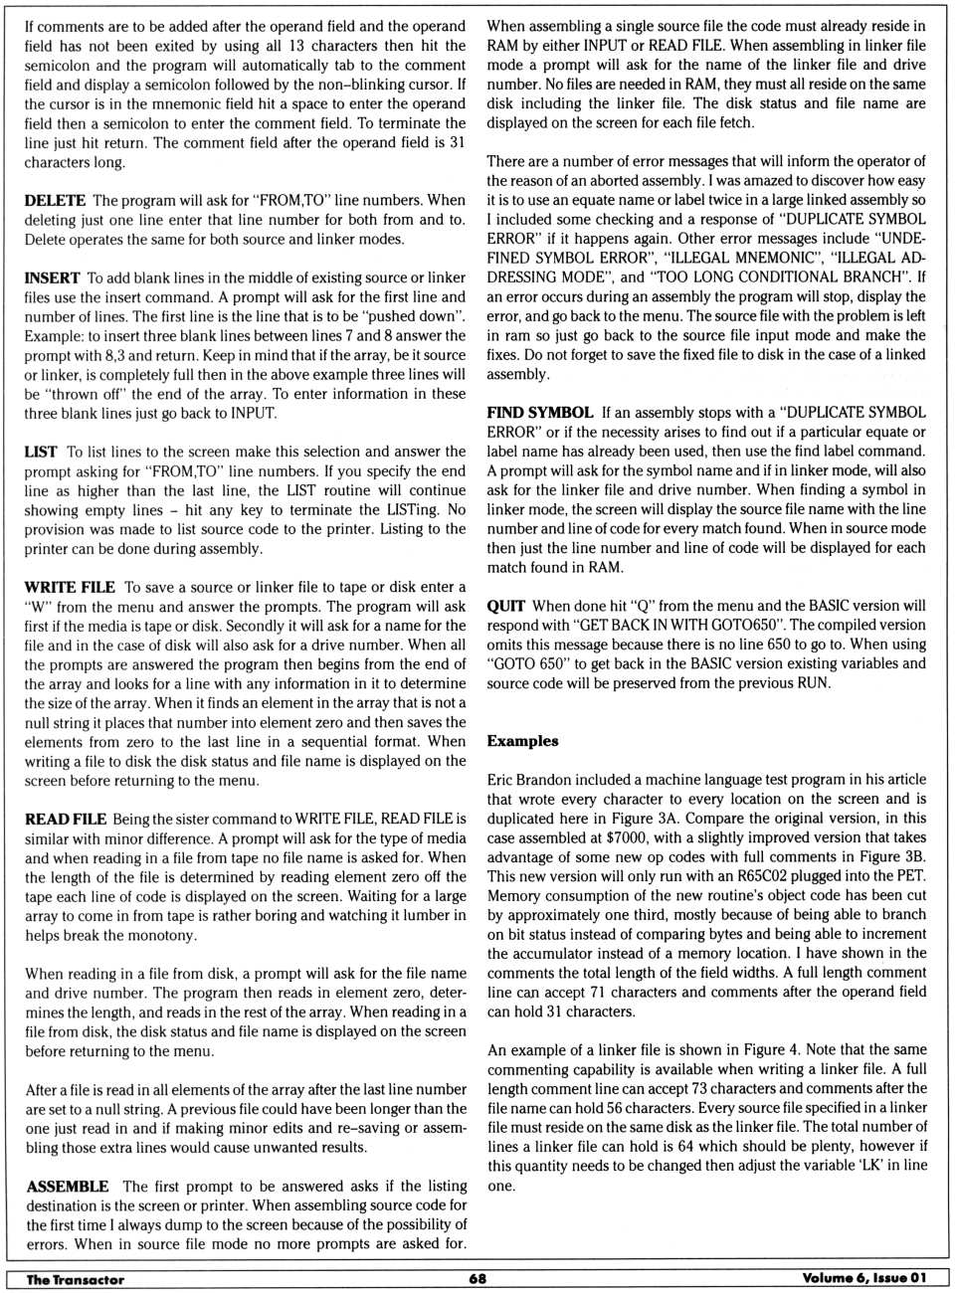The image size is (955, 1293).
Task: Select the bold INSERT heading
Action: pyautogui.click(x=52, y=277)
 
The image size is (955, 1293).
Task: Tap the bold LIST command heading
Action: pyautogui.click(x=41, y=452)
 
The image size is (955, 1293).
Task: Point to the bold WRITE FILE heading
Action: pyautogui.click(x=70, y=587)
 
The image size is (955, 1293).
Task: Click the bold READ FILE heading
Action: pyautogui.click(x=66, y=819)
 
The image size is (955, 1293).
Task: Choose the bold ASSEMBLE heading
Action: pyautogui.click(x=68, y=1186)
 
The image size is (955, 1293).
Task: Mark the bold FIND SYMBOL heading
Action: pyautogui.click(x=539, y=412)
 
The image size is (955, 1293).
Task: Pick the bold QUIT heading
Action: pyautogui.click(x=505, y=605)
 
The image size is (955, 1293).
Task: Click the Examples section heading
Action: pyautogui.click(x=522, y=741)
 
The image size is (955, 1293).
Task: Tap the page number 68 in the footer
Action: pyautogui.click(x=477, y=1278)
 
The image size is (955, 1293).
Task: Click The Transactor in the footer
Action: pyautogui.click(x=76, y=1279)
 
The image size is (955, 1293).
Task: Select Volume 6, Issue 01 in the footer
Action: pyautogui.click(x=863, y=1278)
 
